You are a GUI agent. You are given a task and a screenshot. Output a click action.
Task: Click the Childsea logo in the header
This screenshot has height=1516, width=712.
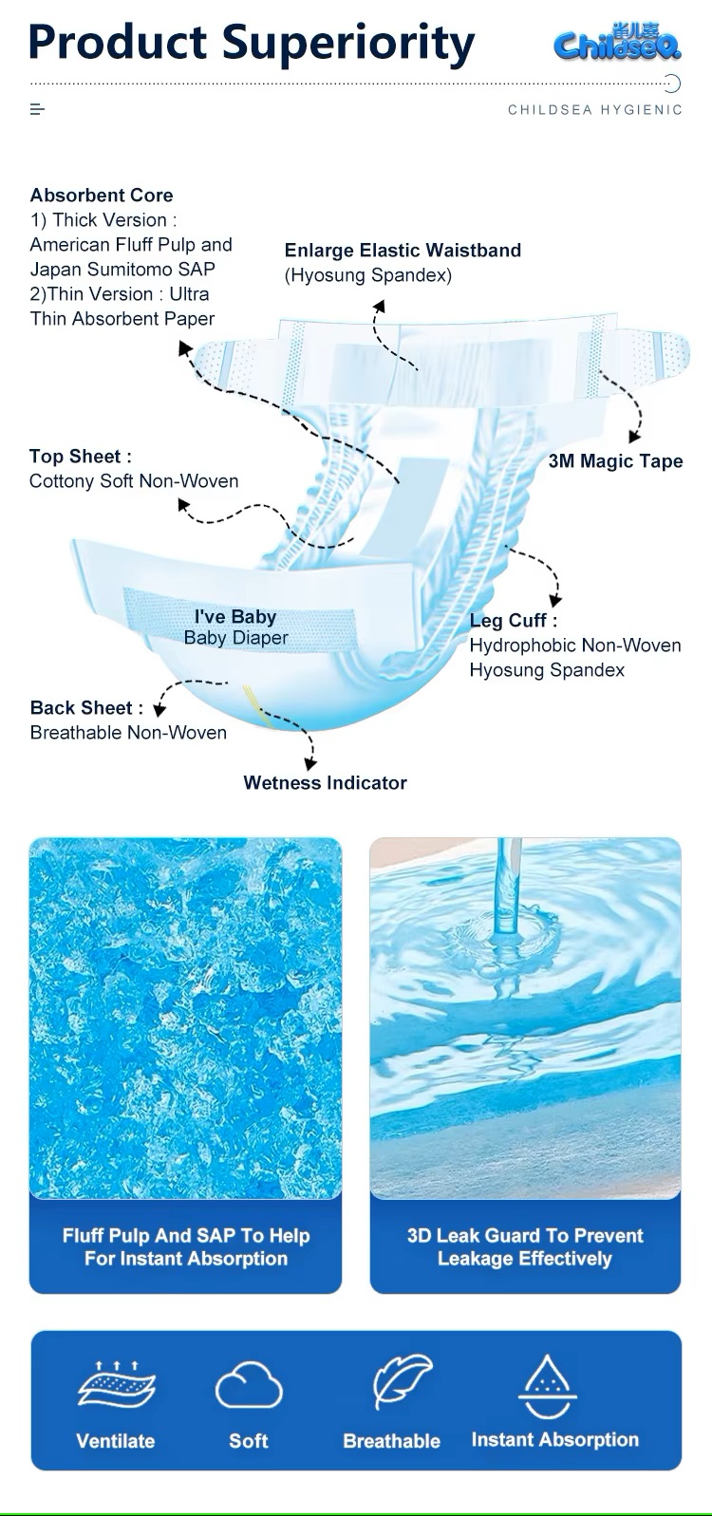617,43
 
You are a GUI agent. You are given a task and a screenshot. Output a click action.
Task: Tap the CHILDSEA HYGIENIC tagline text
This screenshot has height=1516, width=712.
594,110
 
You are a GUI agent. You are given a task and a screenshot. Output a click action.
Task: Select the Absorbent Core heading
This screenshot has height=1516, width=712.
102,196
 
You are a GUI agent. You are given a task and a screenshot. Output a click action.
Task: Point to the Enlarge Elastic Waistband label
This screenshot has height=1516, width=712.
403,251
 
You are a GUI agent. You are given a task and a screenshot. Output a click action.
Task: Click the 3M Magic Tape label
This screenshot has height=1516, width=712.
615,461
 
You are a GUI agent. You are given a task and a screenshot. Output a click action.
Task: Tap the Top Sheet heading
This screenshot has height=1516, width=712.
81,457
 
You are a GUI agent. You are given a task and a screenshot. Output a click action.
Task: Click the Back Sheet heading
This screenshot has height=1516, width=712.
86,708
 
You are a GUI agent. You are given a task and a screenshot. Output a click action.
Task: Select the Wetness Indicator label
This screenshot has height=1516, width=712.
325,783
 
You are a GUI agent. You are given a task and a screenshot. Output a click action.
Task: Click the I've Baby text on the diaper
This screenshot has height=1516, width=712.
235,617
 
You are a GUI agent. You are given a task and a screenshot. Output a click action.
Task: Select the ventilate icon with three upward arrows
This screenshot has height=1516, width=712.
116,1384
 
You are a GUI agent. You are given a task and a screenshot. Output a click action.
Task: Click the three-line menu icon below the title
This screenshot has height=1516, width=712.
37,110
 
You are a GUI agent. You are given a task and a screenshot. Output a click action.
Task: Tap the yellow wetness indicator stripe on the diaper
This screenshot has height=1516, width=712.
258,707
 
